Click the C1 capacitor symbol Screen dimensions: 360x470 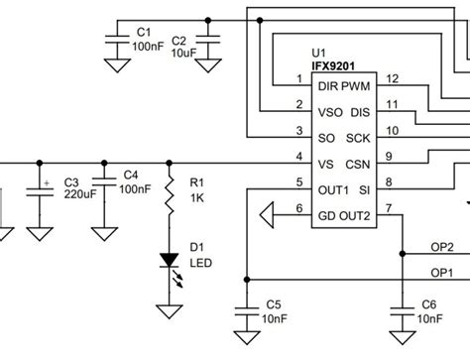(x=118, y=40)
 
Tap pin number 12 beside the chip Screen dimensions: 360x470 (x=393, y=78)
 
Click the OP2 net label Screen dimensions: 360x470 (x=442, y=246)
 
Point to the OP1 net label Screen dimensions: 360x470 (x=442, y=272)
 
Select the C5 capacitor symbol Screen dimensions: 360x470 (x=242, y=310)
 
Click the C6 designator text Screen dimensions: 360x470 (x=428, y=303)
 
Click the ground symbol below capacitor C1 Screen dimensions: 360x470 (x=118, y=65)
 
